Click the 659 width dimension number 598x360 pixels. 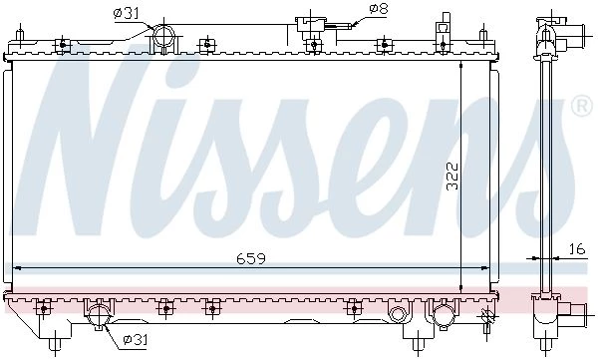pos(250,258)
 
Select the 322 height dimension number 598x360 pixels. pos(451,177)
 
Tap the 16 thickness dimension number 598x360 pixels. pos(577,249)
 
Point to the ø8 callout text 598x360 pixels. pos(379,10)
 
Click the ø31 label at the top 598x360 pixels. pos(126,14)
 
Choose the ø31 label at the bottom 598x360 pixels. pos(135,339)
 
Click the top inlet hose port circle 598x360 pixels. pos(164,36)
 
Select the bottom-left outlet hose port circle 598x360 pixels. pos(99,316)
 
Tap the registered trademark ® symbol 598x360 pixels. pos(582,106)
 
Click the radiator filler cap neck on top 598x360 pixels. pos(311,26)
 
